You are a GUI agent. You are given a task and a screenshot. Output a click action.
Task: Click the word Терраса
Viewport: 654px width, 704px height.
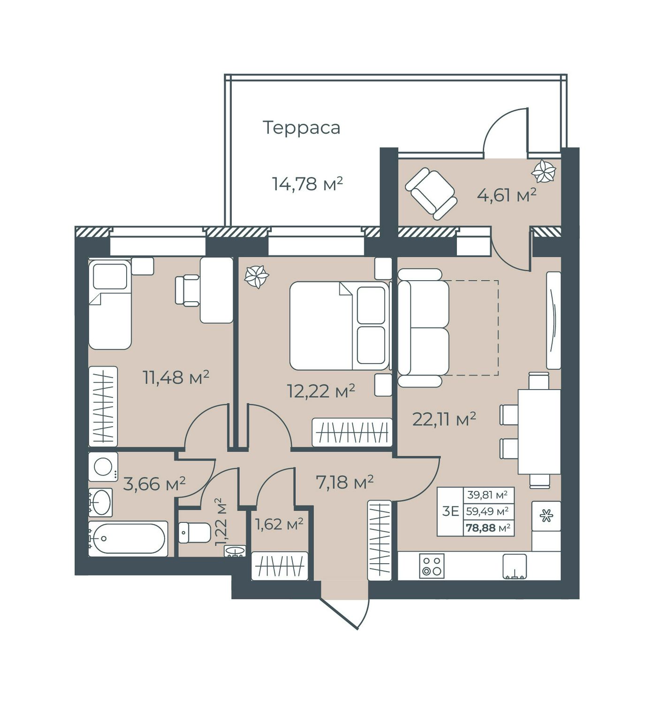[x=301, y=128]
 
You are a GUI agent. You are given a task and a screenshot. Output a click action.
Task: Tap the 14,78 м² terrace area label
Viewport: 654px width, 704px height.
[x=307, y=184]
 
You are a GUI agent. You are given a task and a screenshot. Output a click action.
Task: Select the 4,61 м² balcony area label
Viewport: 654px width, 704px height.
[x=507, y=195]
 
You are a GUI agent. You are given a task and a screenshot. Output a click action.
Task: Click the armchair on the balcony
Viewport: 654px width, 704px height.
[x=431, y=193]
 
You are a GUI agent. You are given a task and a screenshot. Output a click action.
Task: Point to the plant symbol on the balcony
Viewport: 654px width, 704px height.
[x=543, y=172]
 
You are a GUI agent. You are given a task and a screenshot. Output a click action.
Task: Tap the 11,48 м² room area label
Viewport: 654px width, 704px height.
[x=176, y=377]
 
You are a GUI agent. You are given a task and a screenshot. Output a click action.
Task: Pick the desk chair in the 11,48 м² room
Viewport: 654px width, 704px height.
[x=187, y=291]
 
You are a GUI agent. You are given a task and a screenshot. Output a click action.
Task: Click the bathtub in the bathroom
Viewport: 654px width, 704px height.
[x=128, y=539]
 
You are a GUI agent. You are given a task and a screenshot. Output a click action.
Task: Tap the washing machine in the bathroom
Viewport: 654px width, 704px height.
[x=103, y=467]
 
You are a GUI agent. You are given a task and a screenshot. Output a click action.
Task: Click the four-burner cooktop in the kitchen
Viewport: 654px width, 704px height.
[x=432, y=566]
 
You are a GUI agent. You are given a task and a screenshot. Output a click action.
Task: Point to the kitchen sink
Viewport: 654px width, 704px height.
[x=515, y=566]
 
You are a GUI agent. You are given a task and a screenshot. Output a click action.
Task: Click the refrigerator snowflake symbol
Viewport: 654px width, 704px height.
[x=546, y=516]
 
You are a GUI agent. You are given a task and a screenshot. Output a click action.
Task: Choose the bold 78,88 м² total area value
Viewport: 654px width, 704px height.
[x=488, y=528]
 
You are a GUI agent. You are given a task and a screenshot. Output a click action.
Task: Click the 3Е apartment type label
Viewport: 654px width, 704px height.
[x=450, y=512]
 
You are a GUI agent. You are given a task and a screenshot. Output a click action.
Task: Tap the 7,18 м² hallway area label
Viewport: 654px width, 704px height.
[x=344, y=482]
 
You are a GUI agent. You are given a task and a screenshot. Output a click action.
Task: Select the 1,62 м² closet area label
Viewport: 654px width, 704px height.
[x=279, y=524]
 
